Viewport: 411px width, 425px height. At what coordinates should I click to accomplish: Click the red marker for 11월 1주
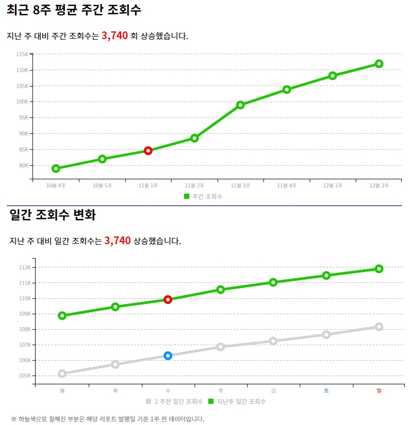[x=148, y=151]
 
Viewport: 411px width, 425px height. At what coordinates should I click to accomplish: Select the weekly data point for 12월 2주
[x=379, y=64]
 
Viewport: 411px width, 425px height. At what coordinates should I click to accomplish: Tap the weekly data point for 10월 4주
[x=56, y=168]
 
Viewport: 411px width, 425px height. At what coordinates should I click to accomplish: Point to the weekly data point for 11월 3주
[x=240, y=105]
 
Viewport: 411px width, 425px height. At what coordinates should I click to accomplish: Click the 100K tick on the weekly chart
[x=22, y=102]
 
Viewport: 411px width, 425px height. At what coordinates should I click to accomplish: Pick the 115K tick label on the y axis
[x=22, y=54]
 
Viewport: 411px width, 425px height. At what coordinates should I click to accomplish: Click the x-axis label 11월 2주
[x=194, y=185]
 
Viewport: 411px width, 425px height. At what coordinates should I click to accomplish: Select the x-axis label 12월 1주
[x=333, y=185]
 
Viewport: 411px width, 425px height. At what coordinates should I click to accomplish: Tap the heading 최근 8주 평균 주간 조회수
[x=74, y=9]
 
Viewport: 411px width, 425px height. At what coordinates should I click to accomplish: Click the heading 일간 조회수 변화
[x=53, y=215]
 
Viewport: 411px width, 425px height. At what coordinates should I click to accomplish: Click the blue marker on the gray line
[x=168, y=355]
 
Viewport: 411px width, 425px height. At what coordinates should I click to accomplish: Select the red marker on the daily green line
[x=168, y=299]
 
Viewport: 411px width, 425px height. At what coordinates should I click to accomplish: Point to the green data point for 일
[x=379, y=269]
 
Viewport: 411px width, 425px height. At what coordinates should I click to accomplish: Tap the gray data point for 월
[x=62, y=373]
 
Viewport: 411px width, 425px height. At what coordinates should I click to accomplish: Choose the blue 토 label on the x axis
[x=326, y=390]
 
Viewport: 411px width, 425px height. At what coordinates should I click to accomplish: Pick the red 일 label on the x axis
[x=379, y=390]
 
